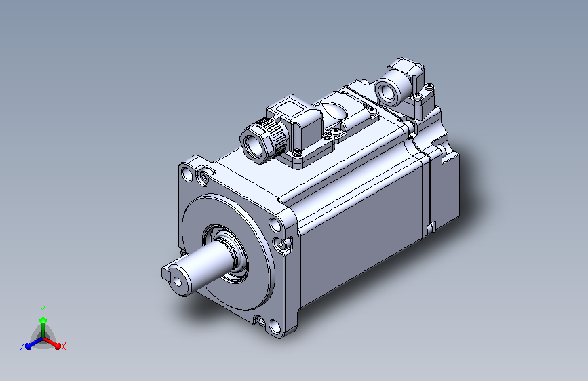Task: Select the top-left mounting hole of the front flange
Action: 187,174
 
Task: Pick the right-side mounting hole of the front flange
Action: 275,224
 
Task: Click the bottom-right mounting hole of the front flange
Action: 275,327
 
